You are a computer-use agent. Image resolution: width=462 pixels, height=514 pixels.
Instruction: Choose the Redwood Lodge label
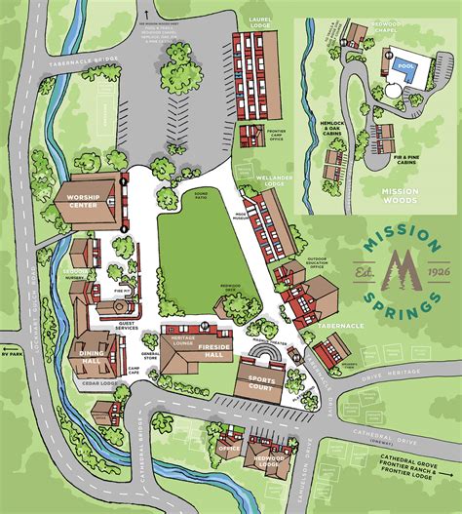point(269,460)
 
